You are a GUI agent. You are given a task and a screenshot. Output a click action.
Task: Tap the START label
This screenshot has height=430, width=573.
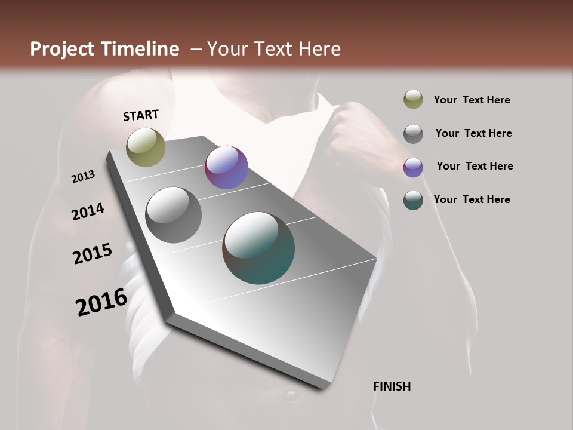pos(141,115)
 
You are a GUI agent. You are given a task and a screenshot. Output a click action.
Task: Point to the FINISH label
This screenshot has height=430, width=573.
pos(392,386)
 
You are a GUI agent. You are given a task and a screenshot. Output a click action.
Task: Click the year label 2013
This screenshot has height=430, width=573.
pos(84,177)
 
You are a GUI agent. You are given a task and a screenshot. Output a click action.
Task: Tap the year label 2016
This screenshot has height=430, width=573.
pos(101,302)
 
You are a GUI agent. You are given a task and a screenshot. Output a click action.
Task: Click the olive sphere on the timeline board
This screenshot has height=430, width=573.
pos(146,147)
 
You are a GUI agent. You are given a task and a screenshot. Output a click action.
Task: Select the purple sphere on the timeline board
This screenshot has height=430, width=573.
pos(226,167)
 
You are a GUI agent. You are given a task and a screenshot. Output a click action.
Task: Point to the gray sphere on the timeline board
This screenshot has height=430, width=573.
pos(173,215)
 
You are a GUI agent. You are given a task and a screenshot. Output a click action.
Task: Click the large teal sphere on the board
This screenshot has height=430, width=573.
pos(258,248)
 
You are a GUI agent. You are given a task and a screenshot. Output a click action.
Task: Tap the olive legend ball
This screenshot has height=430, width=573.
pos(413,100)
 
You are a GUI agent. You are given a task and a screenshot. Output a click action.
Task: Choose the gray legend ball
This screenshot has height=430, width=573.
pos(413,134)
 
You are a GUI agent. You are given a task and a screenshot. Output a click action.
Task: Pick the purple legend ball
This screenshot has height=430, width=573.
pos(413,167)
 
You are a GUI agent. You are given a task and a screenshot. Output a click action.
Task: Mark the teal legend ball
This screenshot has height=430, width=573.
pos(413,200)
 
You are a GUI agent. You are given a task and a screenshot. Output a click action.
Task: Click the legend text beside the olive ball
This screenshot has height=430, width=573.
pos(472,100)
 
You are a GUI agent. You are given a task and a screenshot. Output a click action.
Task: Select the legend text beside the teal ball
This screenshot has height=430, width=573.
pos(472,199)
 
